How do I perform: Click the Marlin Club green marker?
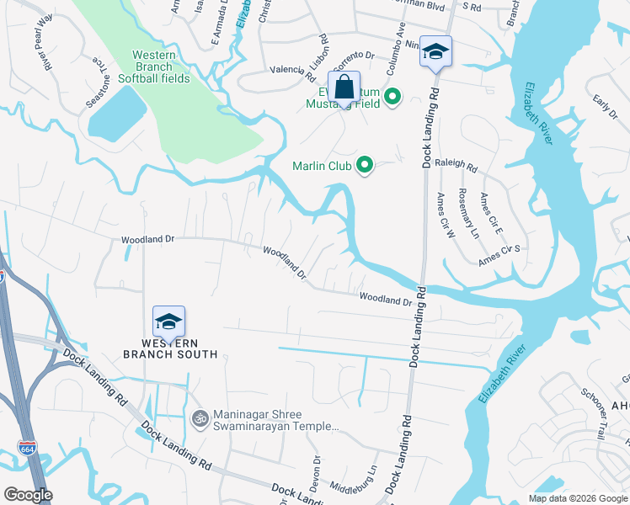pos(365,165)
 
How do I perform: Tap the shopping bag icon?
pos(344,86)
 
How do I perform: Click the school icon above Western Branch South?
pos(168,322)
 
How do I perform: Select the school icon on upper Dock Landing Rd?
pos(435,52)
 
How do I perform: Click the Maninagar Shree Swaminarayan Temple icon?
pos(200,418)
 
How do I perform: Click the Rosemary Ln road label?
pos(468,212)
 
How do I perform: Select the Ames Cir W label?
pos(444,215)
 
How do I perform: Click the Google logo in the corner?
pos(29,495)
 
